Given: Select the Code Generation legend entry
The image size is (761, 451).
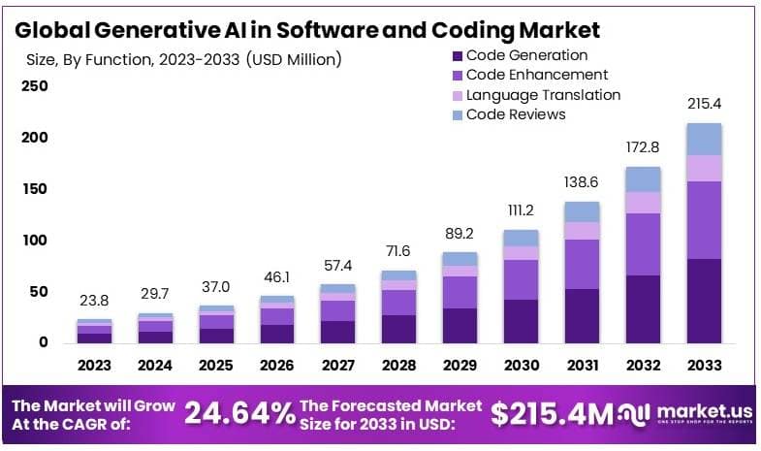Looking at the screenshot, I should (526, 55).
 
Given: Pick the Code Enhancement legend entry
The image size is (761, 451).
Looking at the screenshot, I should (536, 75).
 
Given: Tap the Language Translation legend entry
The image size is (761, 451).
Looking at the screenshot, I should (543, 95).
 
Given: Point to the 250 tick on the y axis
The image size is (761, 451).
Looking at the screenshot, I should (34, 86).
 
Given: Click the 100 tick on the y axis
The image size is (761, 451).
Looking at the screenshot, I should (34, 241).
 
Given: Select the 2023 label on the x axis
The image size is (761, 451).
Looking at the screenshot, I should (95, 366).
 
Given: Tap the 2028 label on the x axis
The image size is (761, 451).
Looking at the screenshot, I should (397, 366).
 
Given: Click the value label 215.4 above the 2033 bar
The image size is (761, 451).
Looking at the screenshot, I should (704, 103).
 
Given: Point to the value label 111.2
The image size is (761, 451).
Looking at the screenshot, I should (522, 210).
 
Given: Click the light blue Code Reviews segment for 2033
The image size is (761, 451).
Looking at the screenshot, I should (704, 139).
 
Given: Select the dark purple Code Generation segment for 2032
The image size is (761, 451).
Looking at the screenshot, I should (644, 308).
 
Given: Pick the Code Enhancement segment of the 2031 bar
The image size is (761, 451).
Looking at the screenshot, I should (583, 264).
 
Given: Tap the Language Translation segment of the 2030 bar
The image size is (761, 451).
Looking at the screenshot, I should (522, 252).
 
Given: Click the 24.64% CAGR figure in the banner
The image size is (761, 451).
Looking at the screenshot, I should (239, 414).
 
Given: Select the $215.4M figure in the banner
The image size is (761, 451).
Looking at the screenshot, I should (552, 414).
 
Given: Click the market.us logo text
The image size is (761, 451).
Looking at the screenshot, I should (699, 410).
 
